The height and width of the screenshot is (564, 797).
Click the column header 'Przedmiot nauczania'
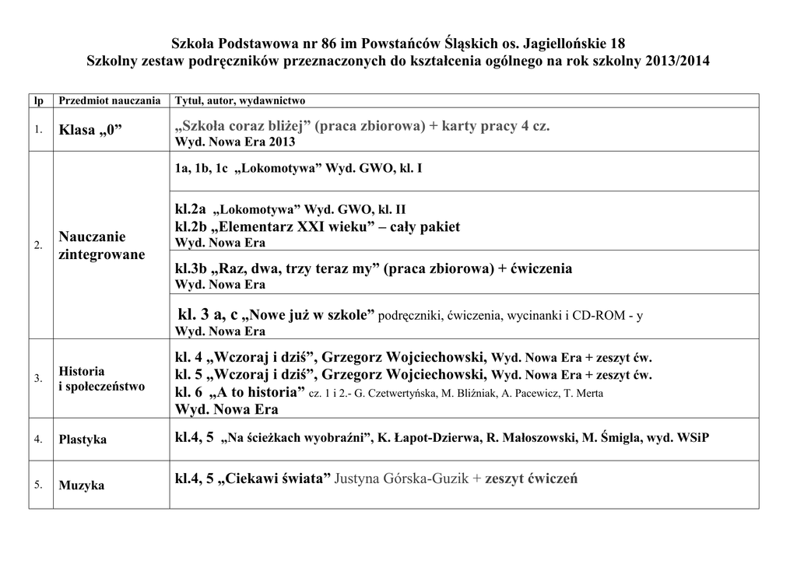[x=110, y=101]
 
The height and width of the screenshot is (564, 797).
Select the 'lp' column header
[x=37, y=101]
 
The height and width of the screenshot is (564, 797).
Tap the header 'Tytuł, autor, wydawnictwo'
[x=240, y=101]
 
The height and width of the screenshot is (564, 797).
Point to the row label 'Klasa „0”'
[x=91, y=130]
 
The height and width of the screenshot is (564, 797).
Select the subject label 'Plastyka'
[x=83, y=440]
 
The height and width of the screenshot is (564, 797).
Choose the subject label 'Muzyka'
[x=81, y=485]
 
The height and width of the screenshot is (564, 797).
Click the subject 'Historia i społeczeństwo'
[x=101, y=379]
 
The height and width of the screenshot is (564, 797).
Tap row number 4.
[x=38, y=440]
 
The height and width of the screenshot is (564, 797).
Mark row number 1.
[x=38, y=129]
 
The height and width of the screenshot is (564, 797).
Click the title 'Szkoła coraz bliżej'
[x=245, y=126]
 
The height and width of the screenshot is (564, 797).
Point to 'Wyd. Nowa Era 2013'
[x=235, y=143]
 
